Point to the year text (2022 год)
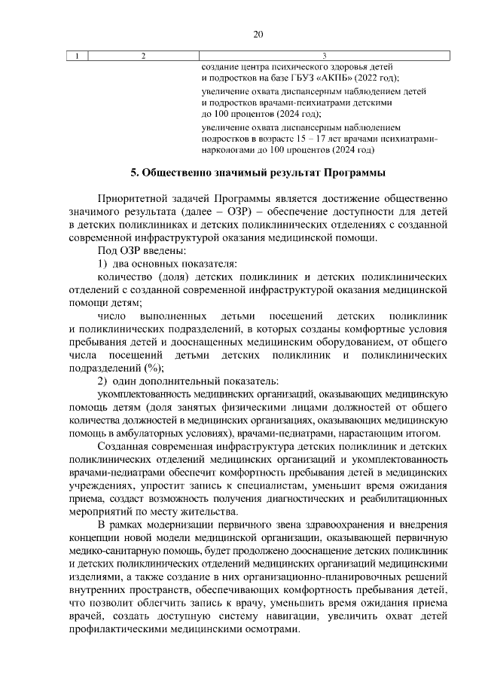click(x=374, y=78)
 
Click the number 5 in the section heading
click(x=134, y=174)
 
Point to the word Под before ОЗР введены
click(x=108, y=250)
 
